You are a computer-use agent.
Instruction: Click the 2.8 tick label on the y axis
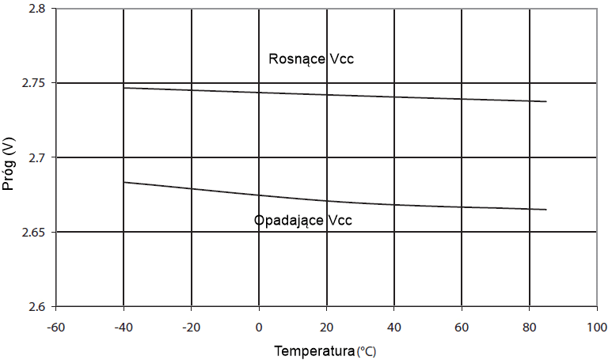coord(36,9)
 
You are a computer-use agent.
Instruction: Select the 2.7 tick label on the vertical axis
coord(36,157)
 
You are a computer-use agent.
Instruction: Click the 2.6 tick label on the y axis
coord(36,306)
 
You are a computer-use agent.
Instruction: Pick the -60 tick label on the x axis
coord(55,327)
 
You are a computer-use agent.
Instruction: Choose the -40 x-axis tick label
coord(124,327)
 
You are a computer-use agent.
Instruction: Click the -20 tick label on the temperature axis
coord(191,327)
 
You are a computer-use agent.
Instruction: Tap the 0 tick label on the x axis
coord(259,327)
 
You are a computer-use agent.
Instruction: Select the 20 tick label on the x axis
coord(327,327)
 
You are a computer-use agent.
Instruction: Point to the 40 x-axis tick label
coord(394,327)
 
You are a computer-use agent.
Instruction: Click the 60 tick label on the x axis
coord(462,327)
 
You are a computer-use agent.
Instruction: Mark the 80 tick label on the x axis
coord(530,327)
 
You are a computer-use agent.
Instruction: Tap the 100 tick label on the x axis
coord(597,327)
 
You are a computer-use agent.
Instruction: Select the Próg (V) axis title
coord(10,157)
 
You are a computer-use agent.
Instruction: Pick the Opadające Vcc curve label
coord(302,220)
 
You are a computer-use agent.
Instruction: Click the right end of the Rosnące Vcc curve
coord(546,101)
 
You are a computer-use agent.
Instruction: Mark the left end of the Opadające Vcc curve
coord(124,182)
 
